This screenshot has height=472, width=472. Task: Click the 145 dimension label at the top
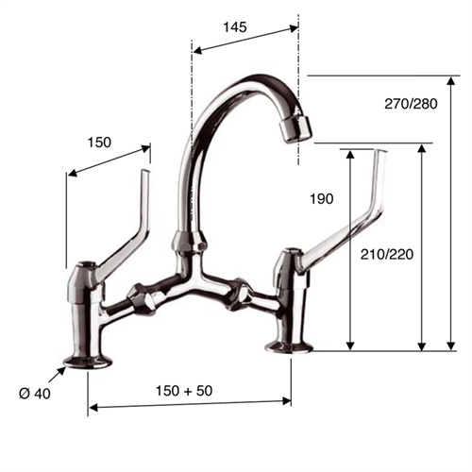(x=235, y=27)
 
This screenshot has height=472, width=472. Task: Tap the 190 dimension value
(x=322, y=199)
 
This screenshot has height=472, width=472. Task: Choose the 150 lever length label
(x=99, y=143)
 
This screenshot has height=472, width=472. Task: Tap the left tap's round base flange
(x=87, y=360)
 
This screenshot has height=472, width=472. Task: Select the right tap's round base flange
(x=289, y=346)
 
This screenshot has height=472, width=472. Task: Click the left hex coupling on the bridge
(x=143, y=299)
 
